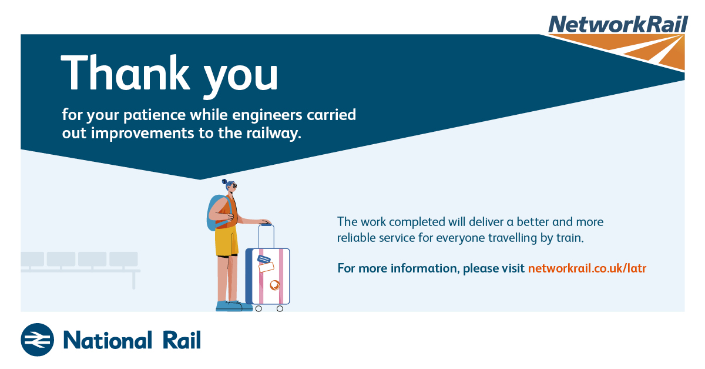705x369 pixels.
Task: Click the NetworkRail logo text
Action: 618,24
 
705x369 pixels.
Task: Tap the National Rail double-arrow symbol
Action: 38,340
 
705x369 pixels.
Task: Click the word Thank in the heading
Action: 126,73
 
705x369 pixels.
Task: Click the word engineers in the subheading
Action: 267,115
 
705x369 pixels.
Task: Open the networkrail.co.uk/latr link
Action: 587,268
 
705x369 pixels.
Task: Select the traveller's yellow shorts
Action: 226,241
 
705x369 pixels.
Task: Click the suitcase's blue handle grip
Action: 266,224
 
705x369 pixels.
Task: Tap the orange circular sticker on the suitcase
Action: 275,285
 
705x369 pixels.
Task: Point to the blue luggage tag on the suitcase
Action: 264,260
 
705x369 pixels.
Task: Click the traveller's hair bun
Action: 224,182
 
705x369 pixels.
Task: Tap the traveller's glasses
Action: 234,186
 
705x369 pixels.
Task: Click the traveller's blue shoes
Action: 234,306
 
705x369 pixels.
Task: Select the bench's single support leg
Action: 134,280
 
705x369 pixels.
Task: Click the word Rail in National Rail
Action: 182,340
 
